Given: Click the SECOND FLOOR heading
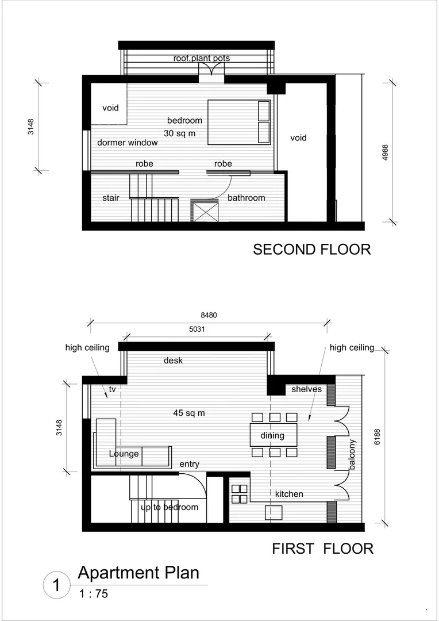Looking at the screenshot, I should click(311, 249).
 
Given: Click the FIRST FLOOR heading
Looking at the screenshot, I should click(322, 549).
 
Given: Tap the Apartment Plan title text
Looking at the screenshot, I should click(138, 573).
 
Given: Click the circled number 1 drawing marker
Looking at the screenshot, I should click(56, 586).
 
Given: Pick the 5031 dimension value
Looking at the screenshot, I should click(197, 329).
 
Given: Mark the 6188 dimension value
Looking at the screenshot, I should click(378, 438).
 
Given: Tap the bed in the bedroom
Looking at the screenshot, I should click(238, 122).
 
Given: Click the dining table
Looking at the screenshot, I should click(273, 435).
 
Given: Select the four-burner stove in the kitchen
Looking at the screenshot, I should click(240, 493).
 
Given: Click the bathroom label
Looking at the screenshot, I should click(247, 198).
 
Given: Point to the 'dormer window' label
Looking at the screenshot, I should click(128, 143).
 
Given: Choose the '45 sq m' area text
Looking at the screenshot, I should click(189, 412).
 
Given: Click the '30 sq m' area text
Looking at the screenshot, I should click(180, 133).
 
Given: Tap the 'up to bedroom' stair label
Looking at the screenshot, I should click(170, 507).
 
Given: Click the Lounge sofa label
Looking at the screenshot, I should click(124, 454).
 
